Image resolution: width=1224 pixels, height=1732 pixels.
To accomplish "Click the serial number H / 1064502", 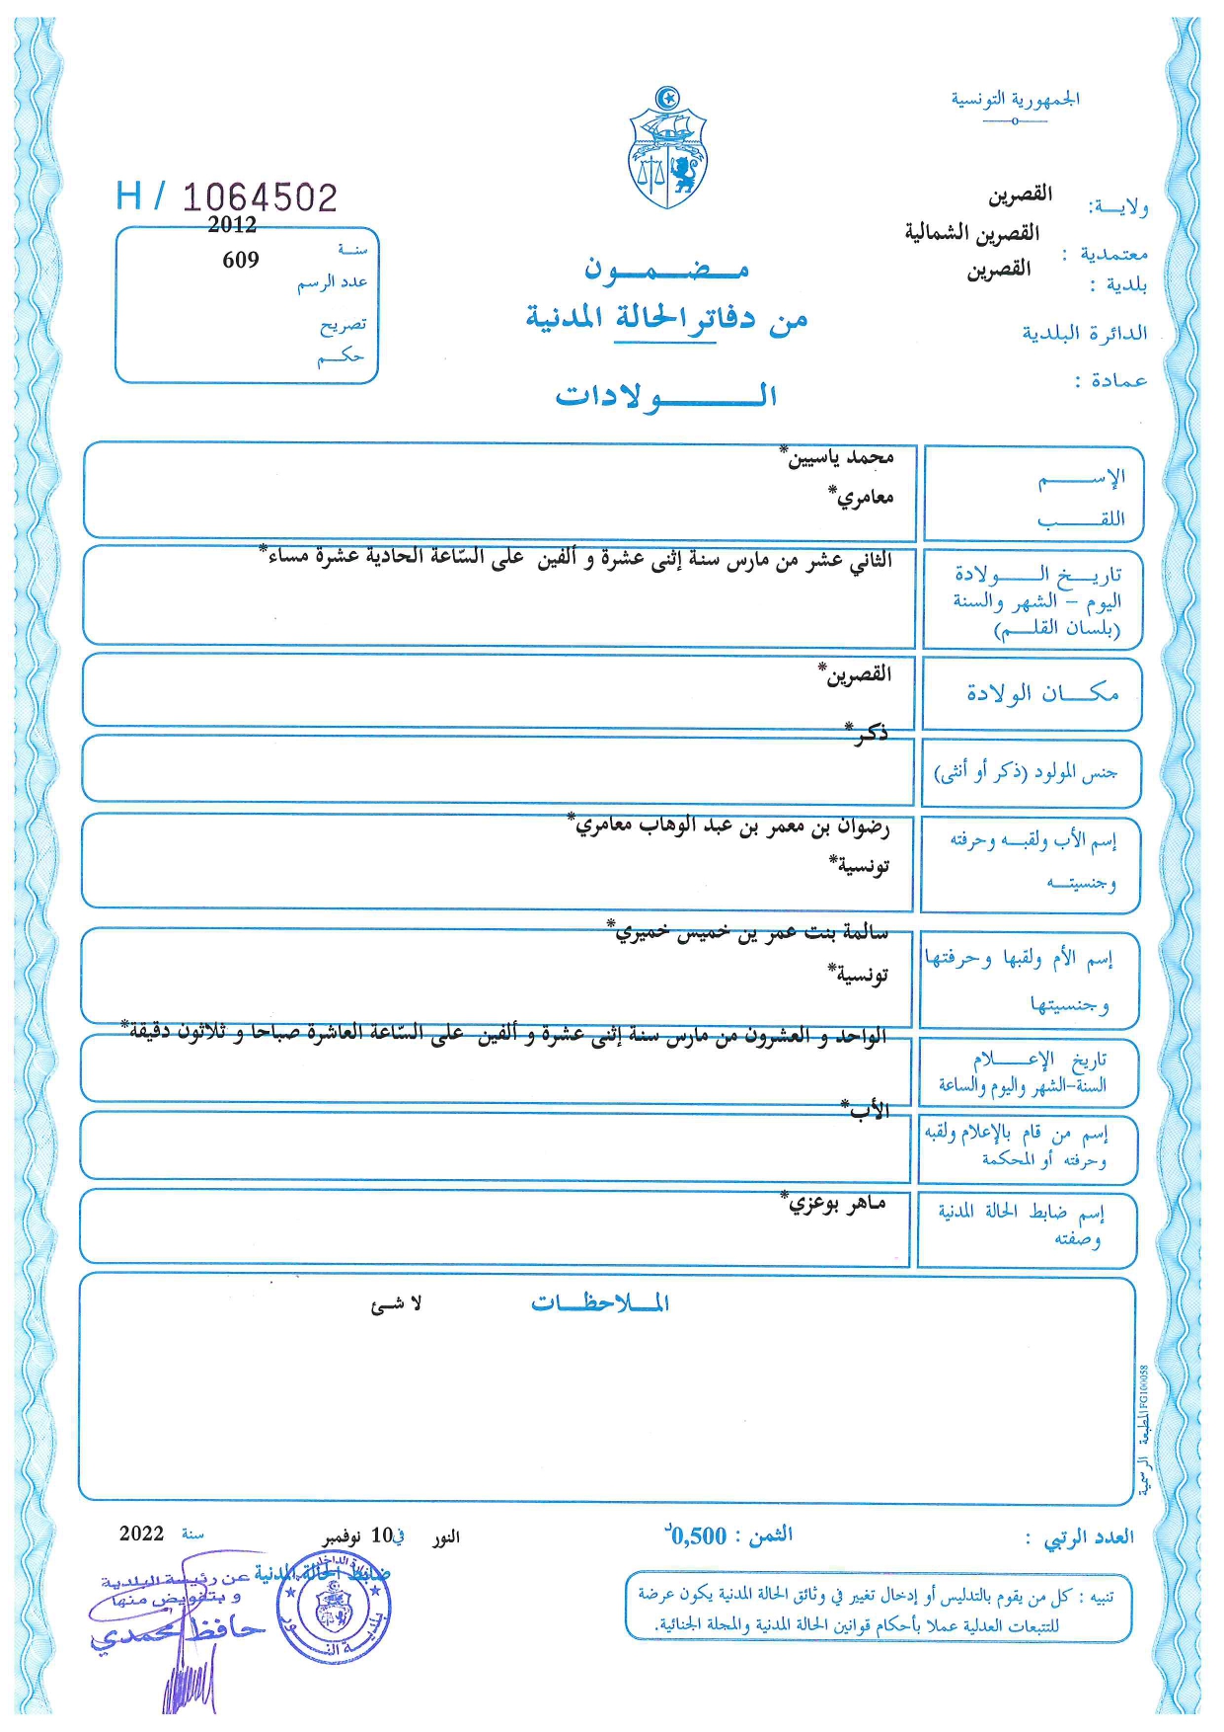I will coord(227,197).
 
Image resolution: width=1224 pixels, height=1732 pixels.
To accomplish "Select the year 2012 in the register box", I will coord(232,225).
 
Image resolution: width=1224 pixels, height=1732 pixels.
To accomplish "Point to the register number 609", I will coord(241,260).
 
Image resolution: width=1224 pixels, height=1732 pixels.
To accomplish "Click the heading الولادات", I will coord(666,396).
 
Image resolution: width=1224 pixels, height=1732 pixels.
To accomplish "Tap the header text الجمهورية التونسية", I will coord(1015,99).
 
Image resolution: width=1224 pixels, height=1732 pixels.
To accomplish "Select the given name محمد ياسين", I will coord(840,457).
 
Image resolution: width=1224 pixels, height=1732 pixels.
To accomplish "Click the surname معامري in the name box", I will coord(865,497).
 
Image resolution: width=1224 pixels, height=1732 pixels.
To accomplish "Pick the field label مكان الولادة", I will coord(1042,693).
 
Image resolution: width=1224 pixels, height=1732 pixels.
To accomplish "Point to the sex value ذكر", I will coord(869,732).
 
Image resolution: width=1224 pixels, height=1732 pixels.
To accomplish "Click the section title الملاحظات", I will coord(600,1303).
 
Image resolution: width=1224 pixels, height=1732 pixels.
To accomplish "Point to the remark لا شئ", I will coord(397,1304).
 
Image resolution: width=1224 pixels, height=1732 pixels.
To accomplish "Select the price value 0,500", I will coord(699,1535).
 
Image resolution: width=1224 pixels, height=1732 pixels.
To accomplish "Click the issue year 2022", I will coord(141,1533).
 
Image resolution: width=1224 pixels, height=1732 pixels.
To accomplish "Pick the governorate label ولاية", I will coord(1118,206).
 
